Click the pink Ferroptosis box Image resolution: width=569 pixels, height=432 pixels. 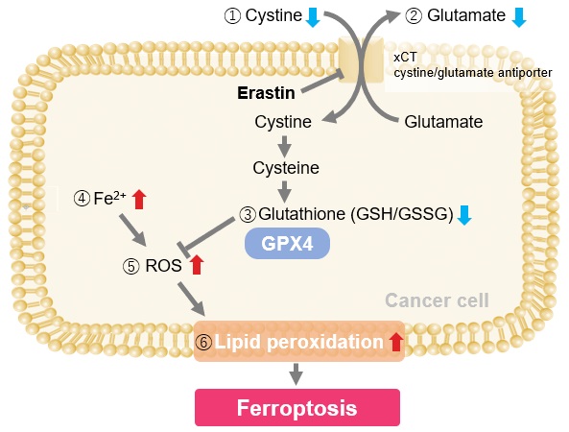pos(297,407)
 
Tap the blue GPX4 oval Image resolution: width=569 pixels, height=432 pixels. pos(287,243)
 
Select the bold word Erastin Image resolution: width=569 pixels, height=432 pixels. pos(266,93)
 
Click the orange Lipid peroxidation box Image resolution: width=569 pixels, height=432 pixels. pos(299,341)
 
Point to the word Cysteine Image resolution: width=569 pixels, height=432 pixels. pos(286,168)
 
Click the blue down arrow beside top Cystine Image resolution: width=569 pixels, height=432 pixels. pos(313,18)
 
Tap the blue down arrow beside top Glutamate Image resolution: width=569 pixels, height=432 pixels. pos(519,18)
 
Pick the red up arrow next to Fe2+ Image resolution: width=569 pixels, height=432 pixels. pos(139,200)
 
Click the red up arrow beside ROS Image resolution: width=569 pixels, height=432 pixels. pos(197,264)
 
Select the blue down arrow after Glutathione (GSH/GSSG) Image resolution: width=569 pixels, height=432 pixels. pos(464,216)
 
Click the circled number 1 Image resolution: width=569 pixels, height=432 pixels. pos(232,16)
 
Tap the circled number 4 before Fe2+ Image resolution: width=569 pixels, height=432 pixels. pos(82,199)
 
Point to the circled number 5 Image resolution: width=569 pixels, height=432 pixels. pos(131,267)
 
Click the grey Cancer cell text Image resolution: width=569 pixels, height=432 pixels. pos(437,300)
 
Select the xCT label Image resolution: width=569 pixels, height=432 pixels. pos(405,58)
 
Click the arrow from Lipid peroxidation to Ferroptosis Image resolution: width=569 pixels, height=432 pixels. pos(296,373)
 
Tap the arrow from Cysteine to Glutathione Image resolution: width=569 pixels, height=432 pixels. pos(284,191)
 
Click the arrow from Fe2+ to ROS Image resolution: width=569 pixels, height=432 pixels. pos(132,229)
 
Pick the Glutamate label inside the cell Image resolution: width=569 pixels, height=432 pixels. pos(443,122)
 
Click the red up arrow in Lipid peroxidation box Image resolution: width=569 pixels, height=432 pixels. pos(396,342)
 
